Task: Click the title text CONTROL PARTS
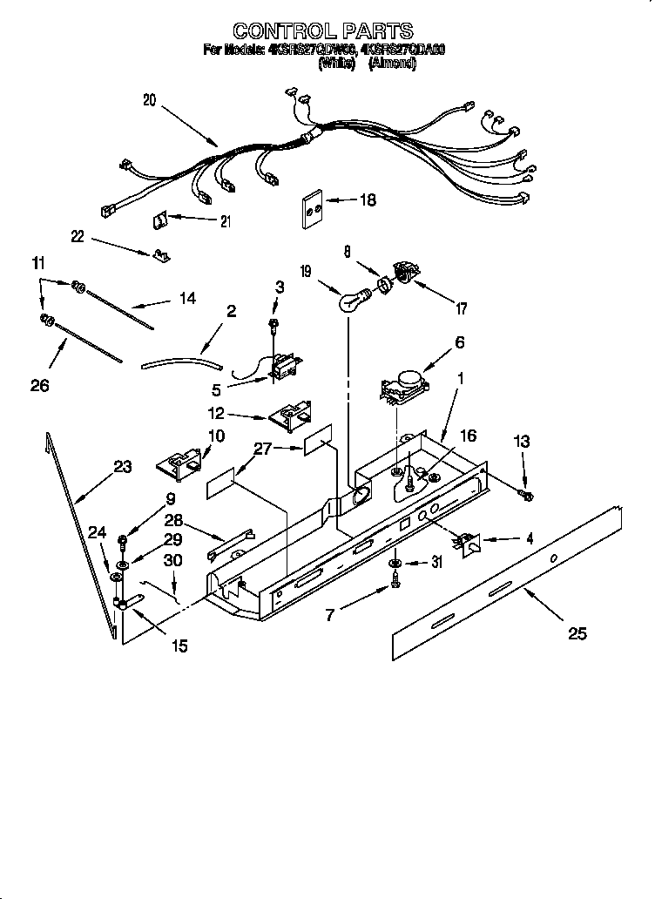324,32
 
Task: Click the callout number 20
149,100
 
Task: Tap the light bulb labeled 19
348,302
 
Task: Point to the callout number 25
577,633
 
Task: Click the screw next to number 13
526,495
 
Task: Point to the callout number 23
122,467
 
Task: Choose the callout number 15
179,646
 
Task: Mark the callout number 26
39,384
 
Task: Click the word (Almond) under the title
392,64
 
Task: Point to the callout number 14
186,298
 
